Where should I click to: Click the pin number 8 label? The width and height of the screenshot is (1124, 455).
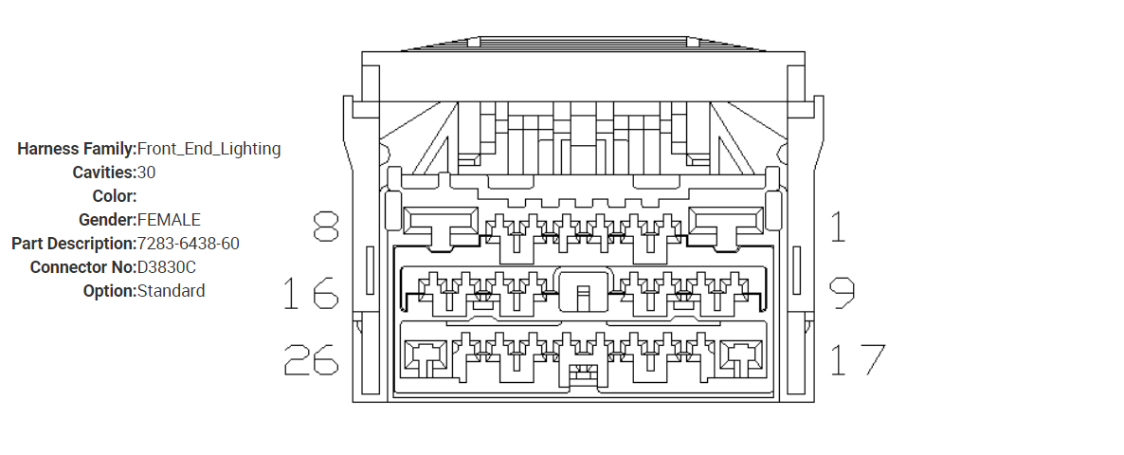pos(325,227)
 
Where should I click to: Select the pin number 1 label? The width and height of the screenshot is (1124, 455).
pos(838,227)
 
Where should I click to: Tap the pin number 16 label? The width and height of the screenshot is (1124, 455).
pos(311,294)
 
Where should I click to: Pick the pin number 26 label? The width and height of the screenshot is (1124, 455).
pos(311,359)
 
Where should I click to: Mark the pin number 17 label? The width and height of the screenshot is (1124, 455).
pos(857,359)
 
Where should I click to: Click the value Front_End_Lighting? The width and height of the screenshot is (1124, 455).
pos(208,149)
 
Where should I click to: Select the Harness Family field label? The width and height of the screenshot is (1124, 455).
pos(77,149)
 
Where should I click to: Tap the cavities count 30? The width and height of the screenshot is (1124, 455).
pos(146,173)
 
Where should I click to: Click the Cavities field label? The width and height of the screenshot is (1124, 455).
pos(104,173)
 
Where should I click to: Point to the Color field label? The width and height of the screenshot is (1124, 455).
pos(115,196)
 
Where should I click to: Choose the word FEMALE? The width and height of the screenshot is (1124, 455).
pos(169,220)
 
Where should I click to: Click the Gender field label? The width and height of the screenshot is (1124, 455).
pos(107,220)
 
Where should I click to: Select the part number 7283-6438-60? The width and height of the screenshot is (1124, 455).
pos(188,244)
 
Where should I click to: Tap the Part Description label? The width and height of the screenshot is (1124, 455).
pos(74,244)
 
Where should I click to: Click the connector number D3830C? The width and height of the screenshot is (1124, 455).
pos(167,267)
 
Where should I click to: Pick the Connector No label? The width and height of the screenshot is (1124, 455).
pos(83,267)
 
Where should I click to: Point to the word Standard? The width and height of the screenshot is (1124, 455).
pos(171,291)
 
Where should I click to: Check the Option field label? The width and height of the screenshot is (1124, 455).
pos(110,291)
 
